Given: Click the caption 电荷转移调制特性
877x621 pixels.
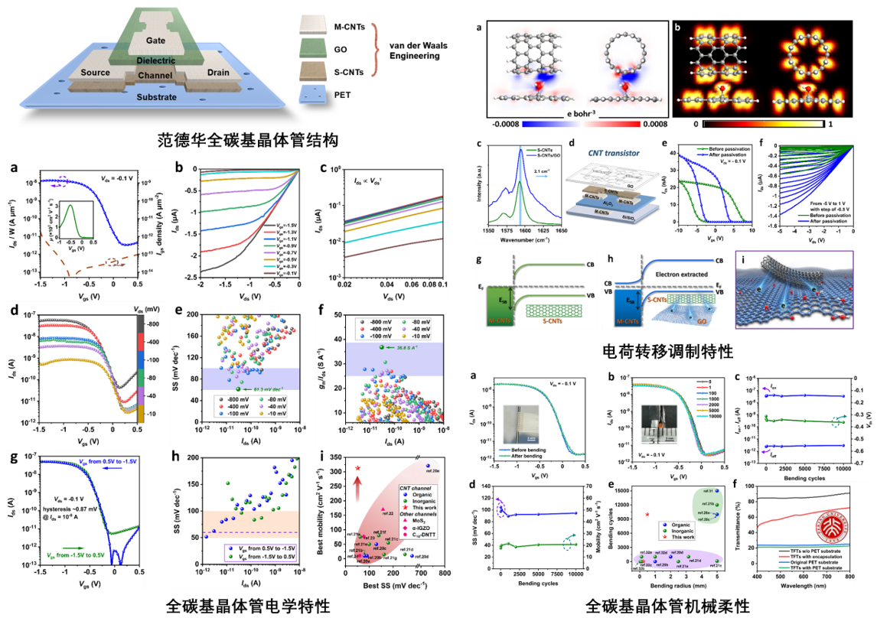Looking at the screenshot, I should pyautogui.click(x=657, y=352).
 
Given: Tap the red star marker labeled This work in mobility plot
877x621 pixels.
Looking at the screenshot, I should pyautogui.click(x=357, y=467).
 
